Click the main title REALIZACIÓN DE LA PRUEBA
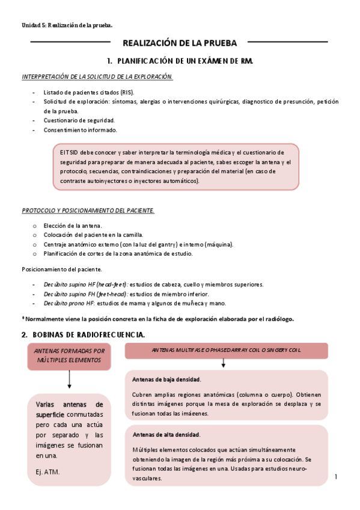click(180, 43)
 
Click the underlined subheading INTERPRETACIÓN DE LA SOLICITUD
click(97, 77)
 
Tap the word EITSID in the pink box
click(70, 152)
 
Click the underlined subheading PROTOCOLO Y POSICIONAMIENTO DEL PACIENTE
click(88, 210)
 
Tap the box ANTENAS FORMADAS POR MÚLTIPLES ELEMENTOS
click(70, 355)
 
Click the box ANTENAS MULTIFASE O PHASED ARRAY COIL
click(226, 350)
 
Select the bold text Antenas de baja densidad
click(166, 379)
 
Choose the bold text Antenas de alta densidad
click(166, 434)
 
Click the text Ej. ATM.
click(47, 472)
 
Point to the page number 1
click(337, 477)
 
